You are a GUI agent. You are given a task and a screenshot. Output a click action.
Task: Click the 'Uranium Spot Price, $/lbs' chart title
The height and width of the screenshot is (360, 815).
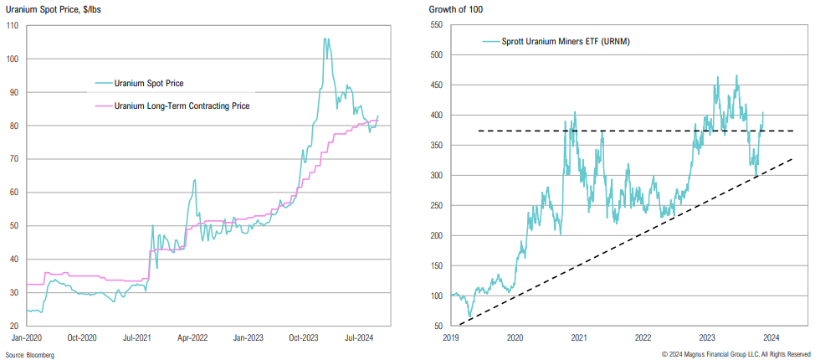click(x=50, y=8)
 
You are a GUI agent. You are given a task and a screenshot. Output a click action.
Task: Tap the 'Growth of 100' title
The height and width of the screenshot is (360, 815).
click(x=454, y=8)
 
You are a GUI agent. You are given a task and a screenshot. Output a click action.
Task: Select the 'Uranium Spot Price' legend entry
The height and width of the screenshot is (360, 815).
click(x=149, y=83)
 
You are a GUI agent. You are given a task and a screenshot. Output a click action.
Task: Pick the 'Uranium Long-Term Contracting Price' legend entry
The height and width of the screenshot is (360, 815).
click(x=182, y=105)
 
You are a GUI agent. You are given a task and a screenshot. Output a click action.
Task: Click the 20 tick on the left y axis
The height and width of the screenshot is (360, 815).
click(x=14, y=326)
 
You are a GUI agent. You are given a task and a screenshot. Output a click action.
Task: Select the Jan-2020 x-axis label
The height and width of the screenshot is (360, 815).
click(x=28, y=337)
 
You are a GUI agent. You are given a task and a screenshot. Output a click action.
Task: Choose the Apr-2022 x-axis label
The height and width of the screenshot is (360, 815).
click(x=193, y=337)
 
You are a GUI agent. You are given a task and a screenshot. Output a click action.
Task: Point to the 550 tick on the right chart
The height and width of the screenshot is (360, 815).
click(x=436, y=25)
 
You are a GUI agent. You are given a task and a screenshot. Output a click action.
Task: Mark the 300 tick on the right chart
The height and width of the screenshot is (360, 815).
click(x=436, y=175)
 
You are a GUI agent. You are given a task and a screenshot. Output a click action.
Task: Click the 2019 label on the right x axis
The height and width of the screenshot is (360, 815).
click(x=452, y=337)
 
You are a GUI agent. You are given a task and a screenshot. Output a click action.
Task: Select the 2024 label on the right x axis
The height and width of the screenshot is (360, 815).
click(x=771, y=337)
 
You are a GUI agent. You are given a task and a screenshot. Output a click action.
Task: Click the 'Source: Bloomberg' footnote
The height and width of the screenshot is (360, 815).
click(x=30, y=355)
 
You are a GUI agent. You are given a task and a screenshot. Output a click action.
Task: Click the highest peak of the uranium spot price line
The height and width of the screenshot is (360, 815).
click(x=325, y=39)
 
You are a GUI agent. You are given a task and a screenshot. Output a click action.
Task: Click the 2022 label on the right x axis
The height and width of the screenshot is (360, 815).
click(x=643, y=337)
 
